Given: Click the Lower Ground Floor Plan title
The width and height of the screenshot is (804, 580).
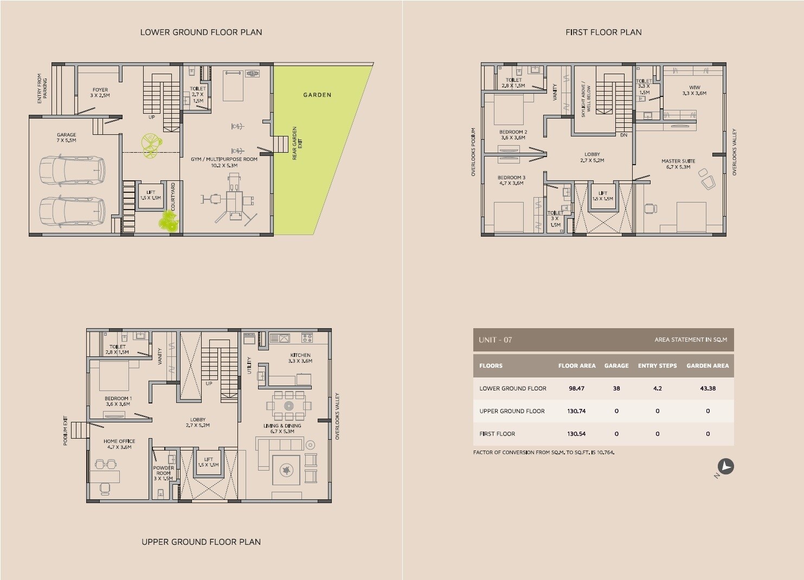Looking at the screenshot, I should click(x=201, y=32).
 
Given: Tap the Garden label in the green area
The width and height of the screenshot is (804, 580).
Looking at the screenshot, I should click(x=317, y=95).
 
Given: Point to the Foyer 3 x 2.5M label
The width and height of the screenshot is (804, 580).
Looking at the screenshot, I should click(x=100, y=93).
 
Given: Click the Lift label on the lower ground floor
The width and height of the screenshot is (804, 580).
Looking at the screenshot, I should click(x=151, y=195).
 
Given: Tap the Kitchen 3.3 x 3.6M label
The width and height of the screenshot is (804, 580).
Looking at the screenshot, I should click(x=300, y=358).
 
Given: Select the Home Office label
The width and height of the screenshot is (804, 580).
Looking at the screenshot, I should click(x=119, y=444).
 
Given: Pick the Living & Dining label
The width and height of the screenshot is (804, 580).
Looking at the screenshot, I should click(x=282, y=428).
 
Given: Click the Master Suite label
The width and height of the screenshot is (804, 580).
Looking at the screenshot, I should click(x=678, y=164).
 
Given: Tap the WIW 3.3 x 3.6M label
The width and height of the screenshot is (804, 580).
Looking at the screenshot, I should click(x=694, y=90).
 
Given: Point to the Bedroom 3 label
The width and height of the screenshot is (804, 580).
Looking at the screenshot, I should click(x=511, y=180).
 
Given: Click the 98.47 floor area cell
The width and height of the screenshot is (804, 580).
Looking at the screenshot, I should click(x=576, y=388).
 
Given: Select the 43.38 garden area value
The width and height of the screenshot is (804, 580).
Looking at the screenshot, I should click(x=707, y=388).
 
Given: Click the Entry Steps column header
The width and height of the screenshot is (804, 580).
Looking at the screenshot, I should click(x=657, y=366).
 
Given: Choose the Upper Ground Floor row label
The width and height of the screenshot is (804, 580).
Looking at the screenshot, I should click(x=512, y=411).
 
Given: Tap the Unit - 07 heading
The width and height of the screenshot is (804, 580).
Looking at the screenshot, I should click(x=495, y=340).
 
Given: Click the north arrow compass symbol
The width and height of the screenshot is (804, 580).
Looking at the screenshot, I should click(x=726, y=466).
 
